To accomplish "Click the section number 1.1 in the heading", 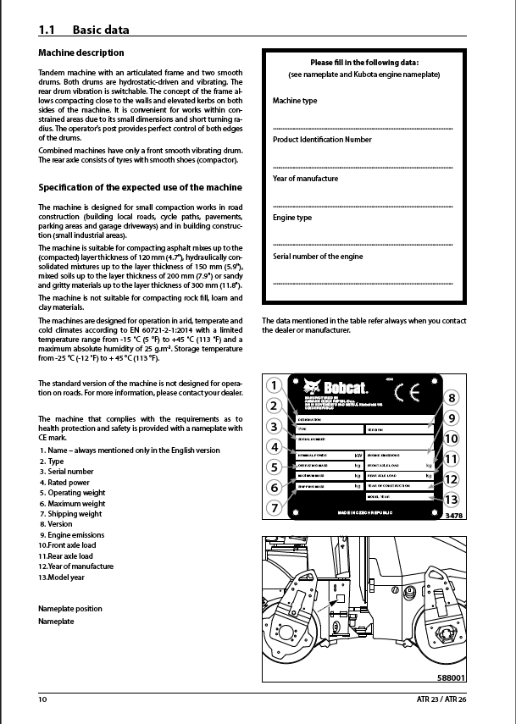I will (47, 30).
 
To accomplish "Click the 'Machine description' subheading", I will (81, 53).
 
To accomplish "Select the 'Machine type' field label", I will (295, 101).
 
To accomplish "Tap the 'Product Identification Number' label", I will (322, 140).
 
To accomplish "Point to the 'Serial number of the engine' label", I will (318, 256).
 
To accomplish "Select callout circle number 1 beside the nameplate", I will (273, 385).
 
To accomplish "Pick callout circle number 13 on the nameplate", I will (451, 500).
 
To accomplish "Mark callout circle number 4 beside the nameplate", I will (273, 446).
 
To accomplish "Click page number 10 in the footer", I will (43, 699).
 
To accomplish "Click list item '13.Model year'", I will (62, 577).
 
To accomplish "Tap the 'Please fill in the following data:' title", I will (364, 63).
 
